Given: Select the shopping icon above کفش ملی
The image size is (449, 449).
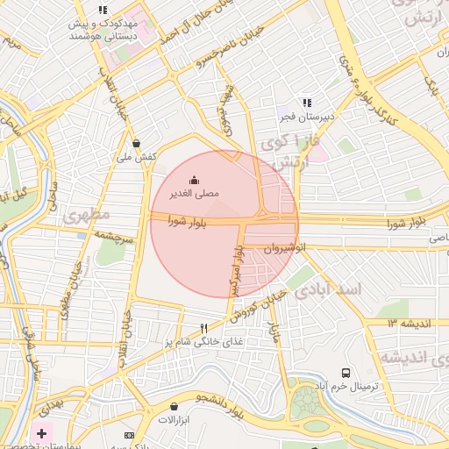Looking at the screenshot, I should [x=136, y=143].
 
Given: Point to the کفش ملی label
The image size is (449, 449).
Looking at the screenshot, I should [x=136, y=156].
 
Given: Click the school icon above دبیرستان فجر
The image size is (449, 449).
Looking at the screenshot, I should [x=306, y=103].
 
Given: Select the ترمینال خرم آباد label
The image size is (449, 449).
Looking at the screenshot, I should [x=358, y=386].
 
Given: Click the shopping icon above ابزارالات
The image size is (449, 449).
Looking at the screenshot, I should [x=174, y=407].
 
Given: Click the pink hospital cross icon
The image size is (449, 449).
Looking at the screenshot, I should [x=41, y=433].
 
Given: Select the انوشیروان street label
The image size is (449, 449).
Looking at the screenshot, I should [x=277, y=248].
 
